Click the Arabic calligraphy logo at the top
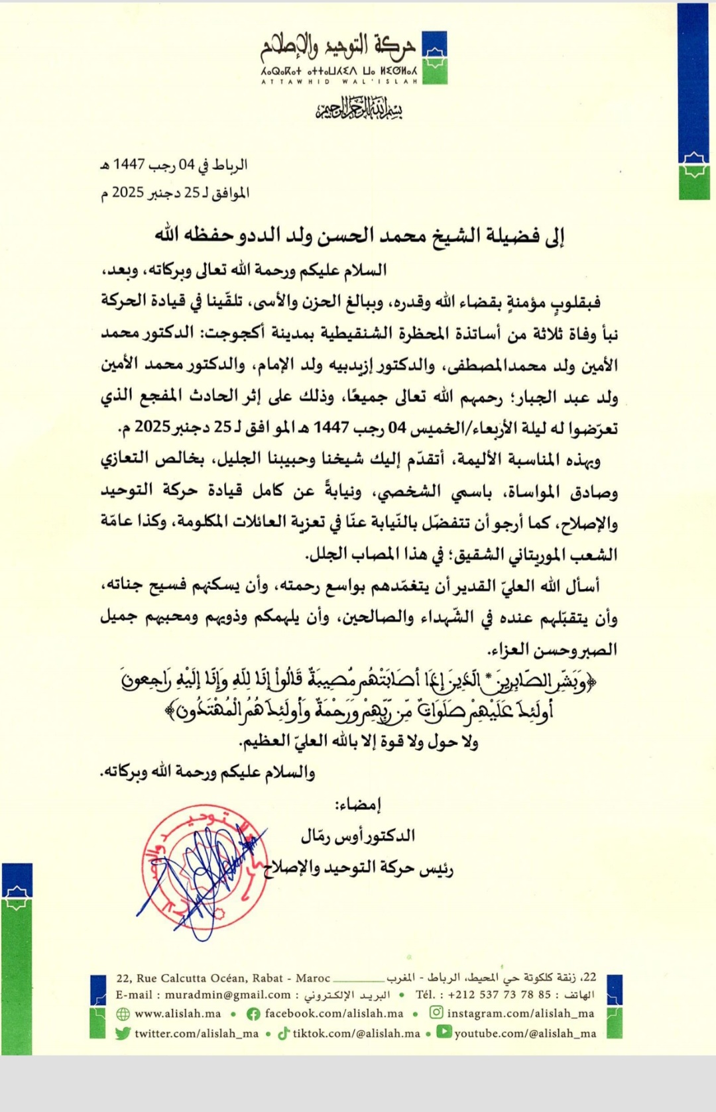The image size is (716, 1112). pos(338,46)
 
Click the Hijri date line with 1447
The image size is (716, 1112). pos(174,164)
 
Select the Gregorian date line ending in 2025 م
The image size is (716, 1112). pos(175,193)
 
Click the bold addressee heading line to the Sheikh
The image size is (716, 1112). pos(359,235)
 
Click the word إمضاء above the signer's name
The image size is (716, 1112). pos(358,805)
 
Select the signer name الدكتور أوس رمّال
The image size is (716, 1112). pos(358,836)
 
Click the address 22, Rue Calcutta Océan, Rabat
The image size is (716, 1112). pos(223,978)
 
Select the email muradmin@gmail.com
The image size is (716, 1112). pos(227,995)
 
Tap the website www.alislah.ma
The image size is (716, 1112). pos(178,1014)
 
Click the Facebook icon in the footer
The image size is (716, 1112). pos(253,1014)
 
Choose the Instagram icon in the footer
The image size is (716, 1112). pos(436,1013)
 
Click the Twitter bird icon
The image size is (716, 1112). pos(123,1033)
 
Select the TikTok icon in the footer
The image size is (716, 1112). pos(284,1033)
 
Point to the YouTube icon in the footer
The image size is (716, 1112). pos(444,1032)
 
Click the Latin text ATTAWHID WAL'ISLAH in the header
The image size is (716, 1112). pos(339,82)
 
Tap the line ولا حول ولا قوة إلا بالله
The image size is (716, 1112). pos(358,741)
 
